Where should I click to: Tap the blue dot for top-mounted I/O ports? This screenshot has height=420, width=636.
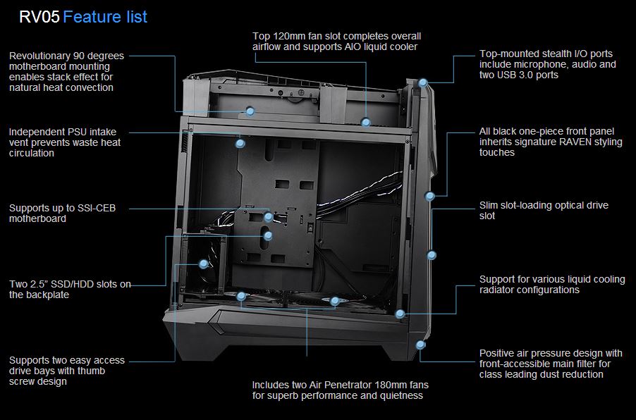click(x=422, y=82)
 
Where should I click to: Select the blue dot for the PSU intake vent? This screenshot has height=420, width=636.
click(x=240, y=143)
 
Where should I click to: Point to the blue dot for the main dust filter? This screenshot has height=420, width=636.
click(x=421, y=345)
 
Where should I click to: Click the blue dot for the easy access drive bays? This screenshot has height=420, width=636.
click(x=203, y=264)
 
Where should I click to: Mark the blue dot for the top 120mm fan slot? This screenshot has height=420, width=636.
click(x=366, y=123)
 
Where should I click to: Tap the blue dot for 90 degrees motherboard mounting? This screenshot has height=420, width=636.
click(x=250, y=111)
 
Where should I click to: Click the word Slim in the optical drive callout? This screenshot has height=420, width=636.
click(x=491, y=205)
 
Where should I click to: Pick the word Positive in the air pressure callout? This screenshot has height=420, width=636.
click(x=499, y=353)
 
